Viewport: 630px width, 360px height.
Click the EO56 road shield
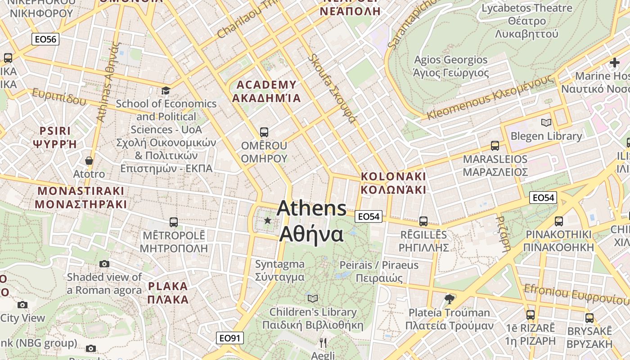46,39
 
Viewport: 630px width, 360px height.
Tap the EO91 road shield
230,338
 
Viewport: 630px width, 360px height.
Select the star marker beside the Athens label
268,220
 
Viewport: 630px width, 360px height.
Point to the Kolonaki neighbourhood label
393,183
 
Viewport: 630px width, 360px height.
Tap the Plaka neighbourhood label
168,292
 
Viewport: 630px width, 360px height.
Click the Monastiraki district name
81,197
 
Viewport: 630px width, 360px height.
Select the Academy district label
266,91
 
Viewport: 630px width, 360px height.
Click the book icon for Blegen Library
546,122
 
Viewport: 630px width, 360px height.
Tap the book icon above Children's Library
313,298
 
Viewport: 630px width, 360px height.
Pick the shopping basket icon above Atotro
89,161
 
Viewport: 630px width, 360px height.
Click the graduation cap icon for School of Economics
166,91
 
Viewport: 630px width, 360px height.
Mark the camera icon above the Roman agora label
104,264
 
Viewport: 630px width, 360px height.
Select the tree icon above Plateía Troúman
449,299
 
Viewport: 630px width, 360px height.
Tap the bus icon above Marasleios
495,146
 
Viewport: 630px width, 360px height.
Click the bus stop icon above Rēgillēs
423,221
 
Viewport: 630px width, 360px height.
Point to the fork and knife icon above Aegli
323,343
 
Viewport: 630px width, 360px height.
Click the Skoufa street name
332,89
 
